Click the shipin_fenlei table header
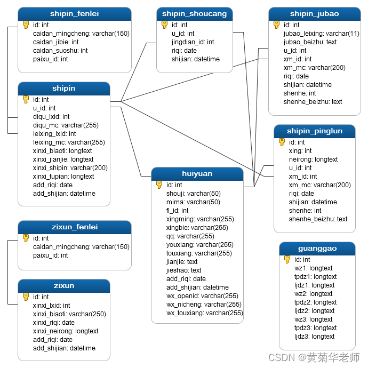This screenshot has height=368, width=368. click(74, 14)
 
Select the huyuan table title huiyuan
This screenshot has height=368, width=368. click(197, 174)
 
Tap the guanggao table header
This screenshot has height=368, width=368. click(317, 249)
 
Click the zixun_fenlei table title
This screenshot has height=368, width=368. click(74, 227)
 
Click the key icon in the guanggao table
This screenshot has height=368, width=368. click(287, 260)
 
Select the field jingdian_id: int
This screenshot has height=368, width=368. click(193, 42)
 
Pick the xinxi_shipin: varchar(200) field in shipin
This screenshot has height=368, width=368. click(70, 168)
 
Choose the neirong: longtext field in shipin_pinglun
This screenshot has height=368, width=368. click(313, 159)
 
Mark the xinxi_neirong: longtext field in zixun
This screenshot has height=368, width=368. click(66, 331)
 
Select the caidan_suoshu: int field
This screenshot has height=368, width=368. click(60, 51)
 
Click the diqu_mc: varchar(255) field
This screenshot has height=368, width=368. click(66, 125)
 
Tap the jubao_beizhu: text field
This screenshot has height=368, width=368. click(310, 42)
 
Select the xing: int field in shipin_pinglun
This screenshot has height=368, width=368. click(300, 151)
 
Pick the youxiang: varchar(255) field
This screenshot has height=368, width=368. click(199, 245)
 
